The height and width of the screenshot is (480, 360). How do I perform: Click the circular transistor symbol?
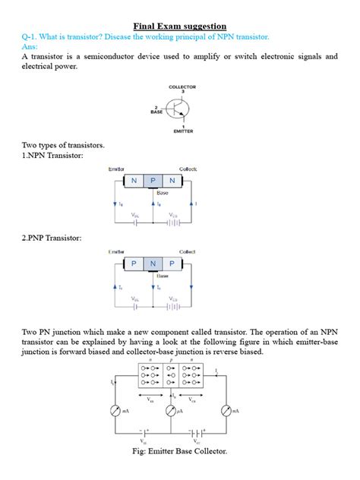(x=180, y=108)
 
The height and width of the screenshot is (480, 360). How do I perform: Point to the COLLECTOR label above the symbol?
(x=182, y=88)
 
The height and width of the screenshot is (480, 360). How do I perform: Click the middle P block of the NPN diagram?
(x=153, y=181)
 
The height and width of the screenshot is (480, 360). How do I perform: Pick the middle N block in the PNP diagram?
(x=153, y=264)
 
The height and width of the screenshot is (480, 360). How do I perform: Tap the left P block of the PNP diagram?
(x=134, y=264)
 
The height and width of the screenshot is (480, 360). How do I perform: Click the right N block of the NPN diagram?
(x=173, y=181)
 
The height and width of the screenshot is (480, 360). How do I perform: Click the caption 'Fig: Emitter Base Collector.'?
(x=179, y=451)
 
